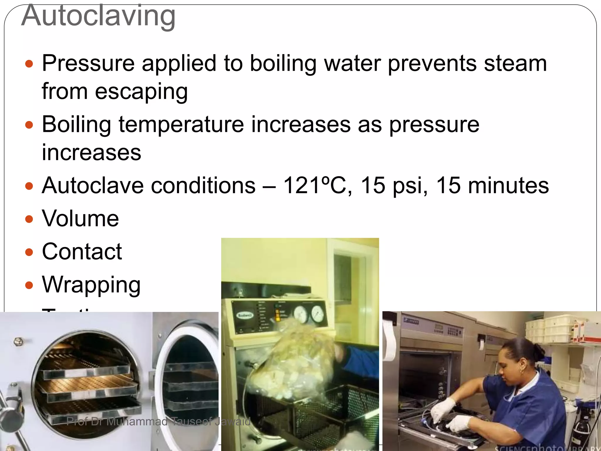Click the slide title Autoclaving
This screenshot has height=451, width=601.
point(98,16)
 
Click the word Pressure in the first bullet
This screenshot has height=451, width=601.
point(88,63)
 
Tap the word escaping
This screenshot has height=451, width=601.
point(141,92)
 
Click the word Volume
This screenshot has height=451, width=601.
point(80,218)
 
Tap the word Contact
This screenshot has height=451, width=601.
point(82,252)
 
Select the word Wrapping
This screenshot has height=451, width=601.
point(91,285)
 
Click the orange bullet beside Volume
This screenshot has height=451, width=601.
point(29,219)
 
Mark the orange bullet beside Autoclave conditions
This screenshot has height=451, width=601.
point(29,186)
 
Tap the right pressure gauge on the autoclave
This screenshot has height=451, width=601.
point(317,314)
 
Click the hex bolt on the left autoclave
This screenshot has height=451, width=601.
point(18,341)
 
